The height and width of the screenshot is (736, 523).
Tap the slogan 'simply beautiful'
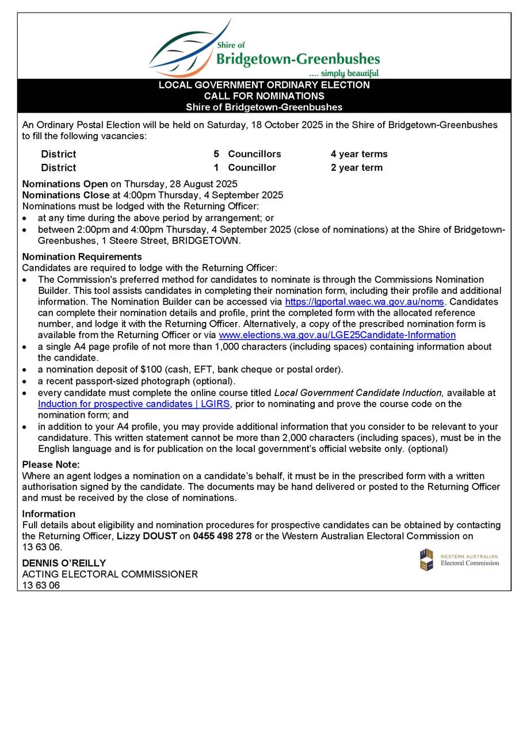[345, 73]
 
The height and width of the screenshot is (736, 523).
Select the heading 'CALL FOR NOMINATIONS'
[264, 96]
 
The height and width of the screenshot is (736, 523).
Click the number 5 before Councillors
[216, 154]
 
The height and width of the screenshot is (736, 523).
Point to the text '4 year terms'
[359, 154]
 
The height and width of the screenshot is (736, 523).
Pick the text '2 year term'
[356, 168]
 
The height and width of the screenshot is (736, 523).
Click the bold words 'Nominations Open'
[65, 184]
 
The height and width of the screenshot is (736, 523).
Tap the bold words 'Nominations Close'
[66, 195]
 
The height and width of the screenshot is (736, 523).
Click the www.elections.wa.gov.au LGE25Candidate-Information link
[337, 335]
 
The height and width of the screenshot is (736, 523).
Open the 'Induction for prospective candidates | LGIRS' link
[134, 404]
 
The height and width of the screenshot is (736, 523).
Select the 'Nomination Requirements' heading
[82, 256]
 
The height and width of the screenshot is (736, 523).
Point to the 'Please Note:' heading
[51, 465]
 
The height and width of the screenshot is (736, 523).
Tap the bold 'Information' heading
[48, 513]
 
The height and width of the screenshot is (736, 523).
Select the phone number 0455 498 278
[222, 536]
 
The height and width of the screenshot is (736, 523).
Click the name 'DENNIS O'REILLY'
[64, 563]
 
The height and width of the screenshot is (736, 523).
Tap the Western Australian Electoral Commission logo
[459, 559]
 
